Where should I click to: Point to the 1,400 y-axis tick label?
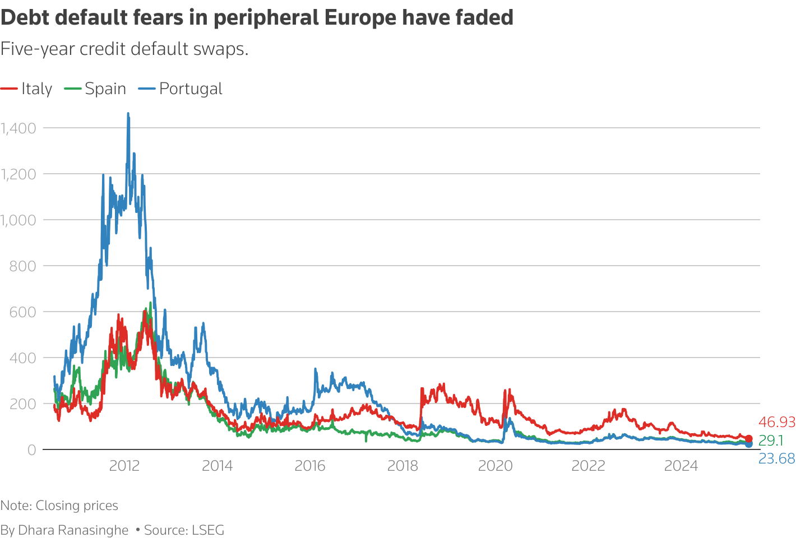(18, 128)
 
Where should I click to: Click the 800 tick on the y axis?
(22, 266)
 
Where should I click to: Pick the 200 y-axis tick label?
(22, 404)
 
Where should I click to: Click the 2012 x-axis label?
(124, 466)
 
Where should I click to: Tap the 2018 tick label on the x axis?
(402, 466)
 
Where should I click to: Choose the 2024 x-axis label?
(681, 466)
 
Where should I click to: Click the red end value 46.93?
(776, 423)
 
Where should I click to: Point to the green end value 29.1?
(771, 440)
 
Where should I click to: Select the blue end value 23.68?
(776, 459)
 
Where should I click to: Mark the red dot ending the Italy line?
(748, 439)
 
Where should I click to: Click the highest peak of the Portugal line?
(128, 114)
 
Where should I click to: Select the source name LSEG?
(208, 530)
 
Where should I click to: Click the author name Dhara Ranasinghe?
(73, 530)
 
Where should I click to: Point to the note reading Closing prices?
(77, 505)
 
